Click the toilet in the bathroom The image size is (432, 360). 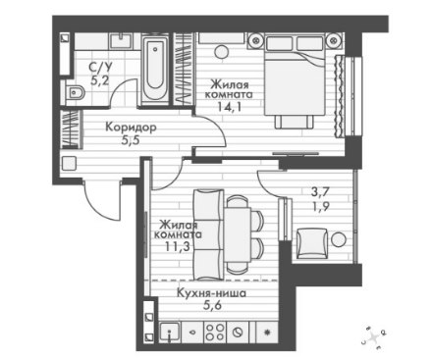[74, 92]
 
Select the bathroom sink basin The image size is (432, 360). [121, 41]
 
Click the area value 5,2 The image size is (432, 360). [100, 79]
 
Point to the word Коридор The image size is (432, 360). [131, 127]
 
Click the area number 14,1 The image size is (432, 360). [229, 106]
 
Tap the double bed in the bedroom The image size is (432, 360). [295, 76]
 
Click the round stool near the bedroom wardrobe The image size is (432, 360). [221, 52]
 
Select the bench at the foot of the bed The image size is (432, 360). [295, 122]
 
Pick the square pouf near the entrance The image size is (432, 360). [69, 163]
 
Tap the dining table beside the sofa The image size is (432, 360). [238, 234]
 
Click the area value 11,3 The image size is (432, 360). [177, 246]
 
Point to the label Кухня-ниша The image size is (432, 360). [211, 293]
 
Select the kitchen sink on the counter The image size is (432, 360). [169, 333]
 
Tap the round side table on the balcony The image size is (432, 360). [339, 239]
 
